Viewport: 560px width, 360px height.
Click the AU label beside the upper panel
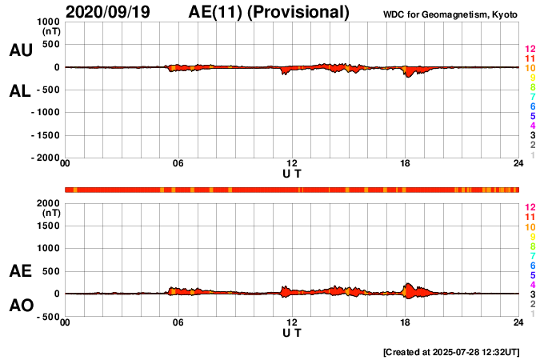point(21,50)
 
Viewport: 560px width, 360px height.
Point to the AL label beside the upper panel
point(21,91)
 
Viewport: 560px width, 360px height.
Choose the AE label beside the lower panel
point(21,271)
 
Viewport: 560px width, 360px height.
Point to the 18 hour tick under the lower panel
point(406,322)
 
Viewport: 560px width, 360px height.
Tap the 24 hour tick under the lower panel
point(518,322)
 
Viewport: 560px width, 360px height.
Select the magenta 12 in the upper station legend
point(530,50)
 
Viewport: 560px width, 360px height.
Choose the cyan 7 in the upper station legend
point(531,97)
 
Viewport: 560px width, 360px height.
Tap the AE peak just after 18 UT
point(408,283)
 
